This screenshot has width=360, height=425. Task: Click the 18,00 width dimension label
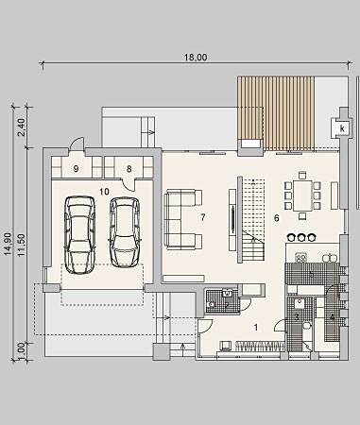(196, 58)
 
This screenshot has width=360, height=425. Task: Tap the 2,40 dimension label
(22, 127)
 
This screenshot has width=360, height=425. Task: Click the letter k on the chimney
(343, 128)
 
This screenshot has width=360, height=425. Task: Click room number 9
(76, 169)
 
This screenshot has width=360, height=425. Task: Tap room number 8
(129, 169)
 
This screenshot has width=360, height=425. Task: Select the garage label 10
(104, 192)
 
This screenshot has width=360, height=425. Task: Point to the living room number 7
(203, 217)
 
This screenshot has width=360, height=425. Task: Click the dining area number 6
(277, 218)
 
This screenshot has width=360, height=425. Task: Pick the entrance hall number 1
(256, 328)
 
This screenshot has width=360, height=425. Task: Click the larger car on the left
(80, 234)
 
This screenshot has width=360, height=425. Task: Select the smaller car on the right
(125, 232)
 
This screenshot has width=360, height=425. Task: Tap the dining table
(302, 195)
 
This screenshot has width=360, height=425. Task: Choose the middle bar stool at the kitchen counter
(301, 237)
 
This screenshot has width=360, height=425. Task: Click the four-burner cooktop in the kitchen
(300, 259)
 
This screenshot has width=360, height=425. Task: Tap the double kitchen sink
(330, 258)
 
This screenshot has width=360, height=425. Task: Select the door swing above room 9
(77, 144)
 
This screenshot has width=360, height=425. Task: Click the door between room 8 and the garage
(129, 184)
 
